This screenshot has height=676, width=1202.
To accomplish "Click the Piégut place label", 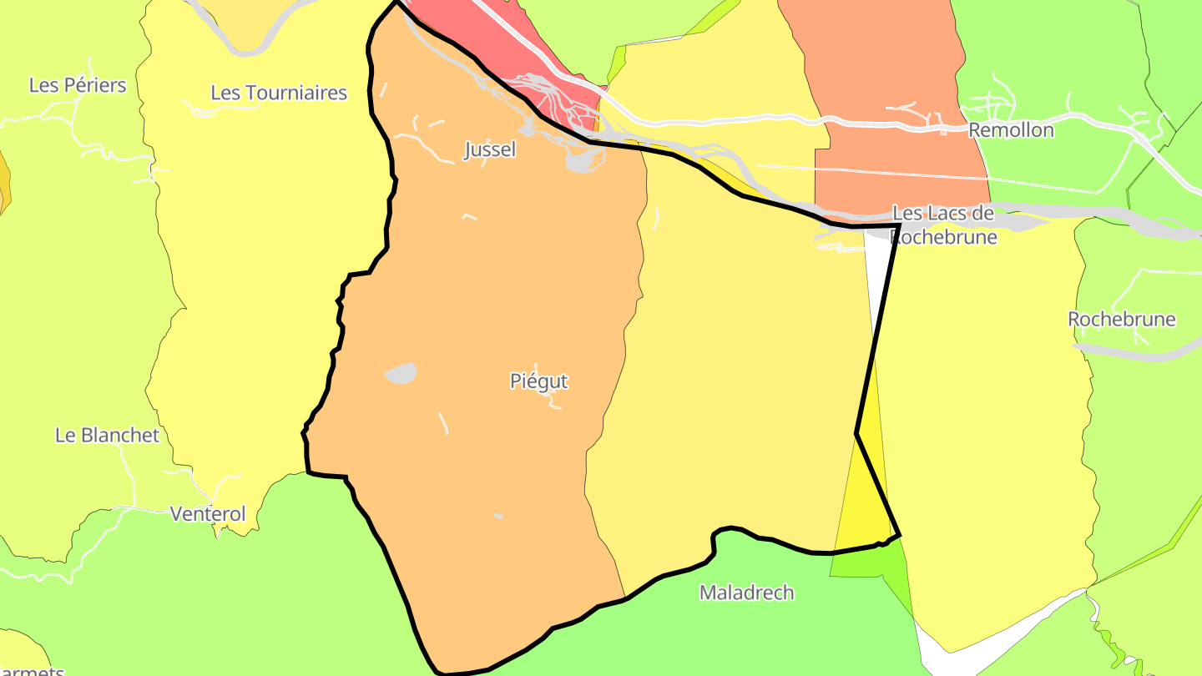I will (538, 381).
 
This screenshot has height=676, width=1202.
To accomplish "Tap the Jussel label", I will (490, 150).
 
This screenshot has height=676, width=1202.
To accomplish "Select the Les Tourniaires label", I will (279, 93).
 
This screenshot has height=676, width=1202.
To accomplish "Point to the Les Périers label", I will (78, 85).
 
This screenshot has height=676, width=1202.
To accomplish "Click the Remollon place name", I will (1011, 130).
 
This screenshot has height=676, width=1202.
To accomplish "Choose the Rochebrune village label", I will (1122, 320).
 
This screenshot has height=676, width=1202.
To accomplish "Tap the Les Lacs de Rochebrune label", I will (943, 224).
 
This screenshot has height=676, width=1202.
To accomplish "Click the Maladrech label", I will (746, 593).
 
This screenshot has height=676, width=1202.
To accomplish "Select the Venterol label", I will (208, 514).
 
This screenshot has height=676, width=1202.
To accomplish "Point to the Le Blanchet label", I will (107, 435).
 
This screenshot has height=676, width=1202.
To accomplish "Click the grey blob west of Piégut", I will (402, 373).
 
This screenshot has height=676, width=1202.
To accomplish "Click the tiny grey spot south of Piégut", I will (498, 516).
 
